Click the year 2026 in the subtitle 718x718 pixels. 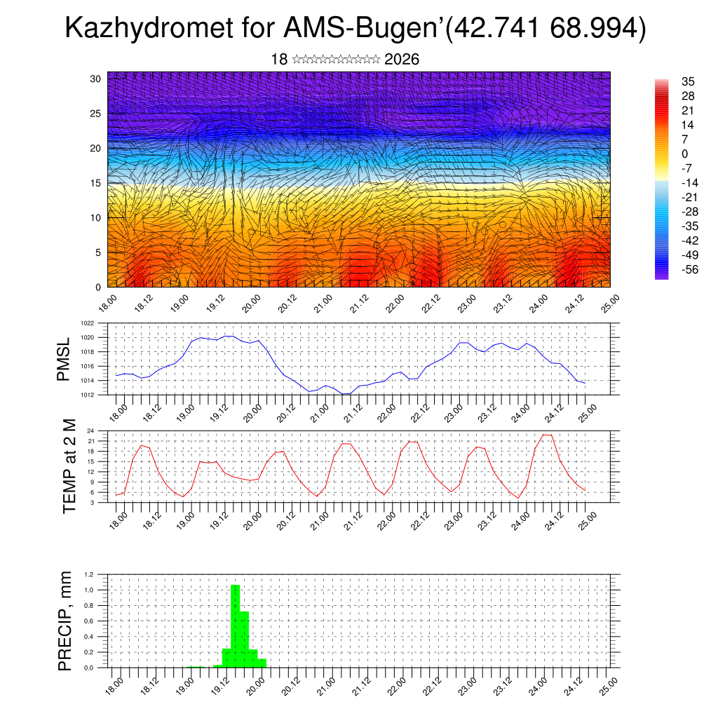coord(402,60)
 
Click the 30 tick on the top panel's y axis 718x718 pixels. coord(95,79)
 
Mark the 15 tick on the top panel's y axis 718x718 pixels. coord(95,183)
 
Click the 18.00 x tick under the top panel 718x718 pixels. coord(107,302)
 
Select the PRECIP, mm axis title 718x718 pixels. coord(65,621)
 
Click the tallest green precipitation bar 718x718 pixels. coord(236,624)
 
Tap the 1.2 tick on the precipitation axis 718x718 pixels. coord(89,574)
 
